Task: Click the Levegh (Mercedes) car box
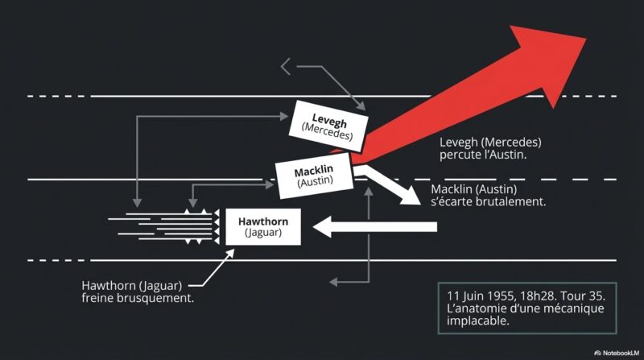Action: point(328,126)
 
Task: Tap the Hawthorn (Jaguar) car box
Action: point(263,227)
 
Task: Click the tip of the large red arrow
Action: point(586,38)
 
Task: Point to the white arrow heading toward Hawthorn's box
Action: point(374,227)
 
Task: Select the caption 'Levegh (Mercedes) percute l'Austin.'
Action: point(490,148)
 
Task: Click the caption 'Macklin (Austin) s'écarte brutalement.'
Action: point(489,195)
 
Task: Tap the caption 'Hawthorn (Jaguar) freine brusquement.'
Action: point(138,292)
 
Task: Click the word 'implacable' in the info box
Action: point(477,321)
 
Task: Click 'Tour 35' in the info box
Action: point(583,296)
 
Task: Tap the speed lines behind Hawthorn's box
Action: point(163,226)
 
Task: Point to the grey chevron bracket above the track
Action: point(286,67)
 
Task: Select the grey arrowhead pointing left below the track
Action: point(333,282)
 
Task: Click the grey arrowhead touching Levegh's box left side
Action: point(284,116)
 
